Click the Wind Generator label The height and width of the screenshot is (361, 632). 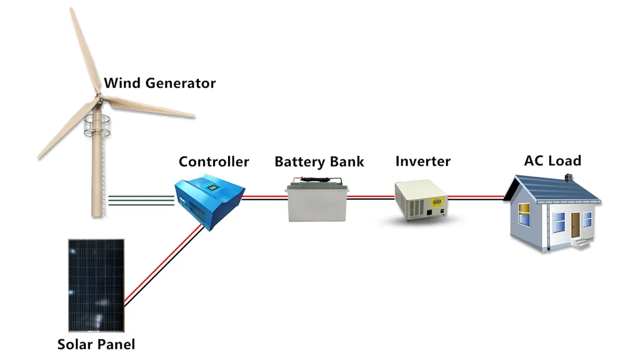click(x=159, y=83)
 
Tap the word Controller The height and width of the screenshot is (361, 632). click(x=214, y=162)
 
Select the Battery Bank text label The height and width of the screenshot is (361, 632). click(x=319, y=162)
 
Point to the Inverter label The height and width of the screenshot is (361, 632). click(x=423, y=161)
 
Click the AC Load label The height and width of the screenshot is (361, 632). click(x=552, y=161)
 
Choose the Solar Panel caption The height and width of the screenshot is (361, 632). click(x=96, y=344)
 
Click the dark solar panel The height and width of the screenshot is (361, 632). click(x=95, y=285)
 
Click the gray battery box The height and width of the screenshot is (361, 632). click(x=317, y=202)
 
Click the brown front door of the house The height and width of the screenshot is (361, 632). click(x=575, y=226)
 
